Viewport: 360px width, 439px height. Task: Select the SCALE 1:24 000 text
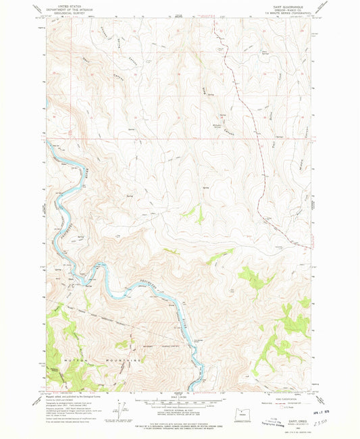[180, 395]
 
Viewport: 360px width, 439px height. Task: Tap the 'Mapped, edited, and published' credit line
[68, 395]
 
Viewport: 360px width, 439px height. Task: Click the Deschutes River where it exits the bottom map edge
[195, 388]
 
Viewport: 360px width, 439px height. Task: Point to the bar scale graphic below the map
[180, 400]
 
